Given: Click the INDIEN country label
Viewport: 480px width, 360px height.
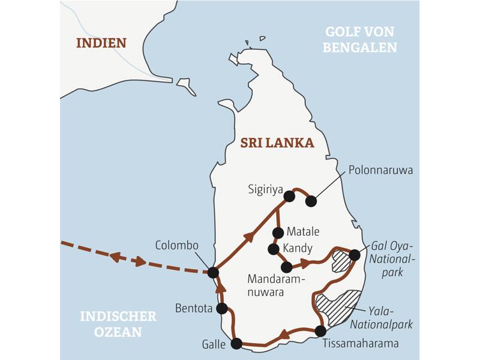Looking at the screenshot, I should (x=101, y=43).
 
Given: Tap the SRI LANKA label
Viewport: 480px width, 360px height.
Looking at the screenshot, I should (x=277, y=143).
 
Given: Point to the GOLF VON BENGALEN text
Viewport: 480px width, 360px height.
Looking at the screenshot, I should (x=360, y=40).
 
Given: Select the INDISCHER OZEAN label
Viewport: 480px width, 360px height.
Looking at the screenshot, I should (x=118, y=323).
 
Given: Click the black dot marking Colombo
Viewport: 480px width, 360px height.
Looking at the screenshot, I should (x=212, y=272).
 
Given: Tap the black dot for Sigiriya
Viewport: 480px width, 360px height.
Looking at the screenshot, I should (x=289, y=196).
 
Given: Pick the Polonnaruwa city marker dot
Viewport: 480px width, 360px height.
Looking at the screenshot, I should (x=311, y=201).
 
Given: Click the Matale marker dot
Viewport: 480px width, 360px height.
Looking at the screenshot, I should (x=277, y=232).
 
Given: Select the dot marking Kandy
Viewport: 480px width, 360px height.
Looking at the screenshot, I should (x=274, y=248).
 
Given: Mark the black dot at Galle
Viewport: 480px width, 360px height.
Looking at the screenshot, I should (x=236, y=344).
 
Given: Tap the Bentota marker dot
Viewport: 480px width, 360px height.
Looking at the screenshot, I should (x=222, y=308).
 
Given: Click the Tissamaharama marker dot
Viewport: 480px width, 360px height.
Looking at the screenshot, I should (x=320, y=331).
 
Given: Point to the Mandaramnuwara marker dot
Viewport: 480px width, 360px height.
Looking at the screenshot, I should (x=287, y=267).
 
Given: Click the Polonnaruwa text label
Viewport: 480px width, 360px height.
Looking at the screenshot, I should (x=380, y=170).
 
